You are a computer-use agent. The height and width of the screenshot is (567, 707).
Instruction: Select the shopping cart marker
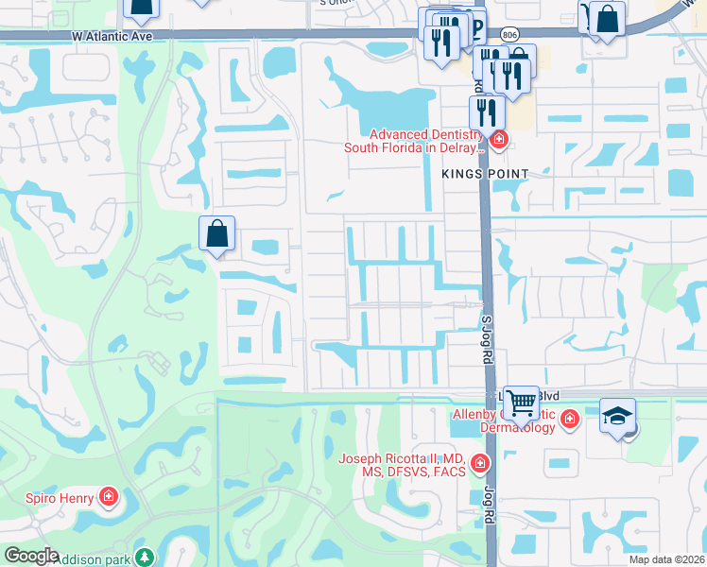coord(521,404)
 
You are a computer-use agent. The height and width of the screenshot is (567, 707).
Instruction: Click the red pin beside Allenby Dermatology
coord(569,419)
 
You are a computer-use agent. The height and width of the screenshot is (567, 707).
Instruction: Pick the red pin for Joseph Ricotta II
coord(480,463)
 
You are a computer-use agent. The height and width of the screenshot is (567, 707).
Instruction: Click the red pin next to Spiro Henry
coord(110,497)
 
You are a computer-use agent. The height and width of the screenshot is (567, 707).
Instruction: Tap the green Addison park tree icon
coord(144,557)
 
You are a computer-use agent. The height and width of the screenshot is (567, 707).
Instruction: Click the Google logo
coord(31,556)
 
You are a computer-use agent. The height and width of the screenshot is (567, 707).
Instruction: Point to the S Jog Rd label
coord(490,340)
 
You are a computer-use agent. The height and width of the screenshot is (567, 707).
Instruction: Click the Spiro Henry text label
coord(60,497)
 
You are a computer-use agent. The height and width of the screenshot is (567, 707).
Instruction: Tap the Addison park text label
coord(94,558)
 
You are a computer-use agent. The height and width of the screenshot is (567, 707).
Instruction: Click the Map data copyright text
coord(666,559)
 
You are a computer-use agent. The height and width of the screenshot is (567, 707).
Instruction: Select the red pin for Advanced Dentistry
coord(499,142)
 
